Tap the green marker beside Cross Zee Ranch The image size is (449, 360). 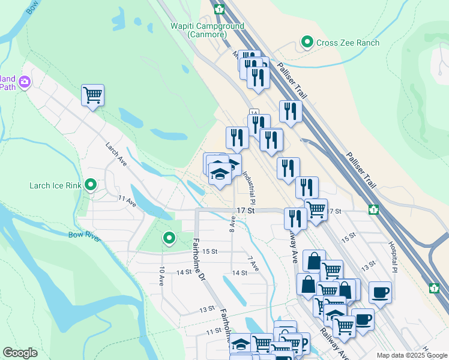[307, 42]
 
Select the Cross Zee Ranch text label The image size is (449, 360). [348, 43]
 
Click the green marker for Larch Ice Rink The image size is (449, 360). [91, 184]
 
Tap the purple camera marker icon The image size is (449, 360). [25, 82]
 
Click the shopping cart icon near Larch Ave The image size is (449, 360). [92, 95]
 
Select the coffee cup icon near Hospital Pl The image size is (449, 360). [379, 292]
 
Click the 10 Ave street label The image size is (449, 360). [161, 275]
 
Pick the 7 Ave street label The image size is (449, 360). [253, 263]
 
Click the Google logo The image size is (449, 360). [20, 353]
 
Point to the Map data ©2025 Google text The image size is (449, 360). [412, 355]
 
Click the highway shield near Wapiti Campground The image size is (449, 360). [219, 9]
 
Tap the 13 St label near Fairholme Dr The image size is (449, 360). [206, 309]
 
